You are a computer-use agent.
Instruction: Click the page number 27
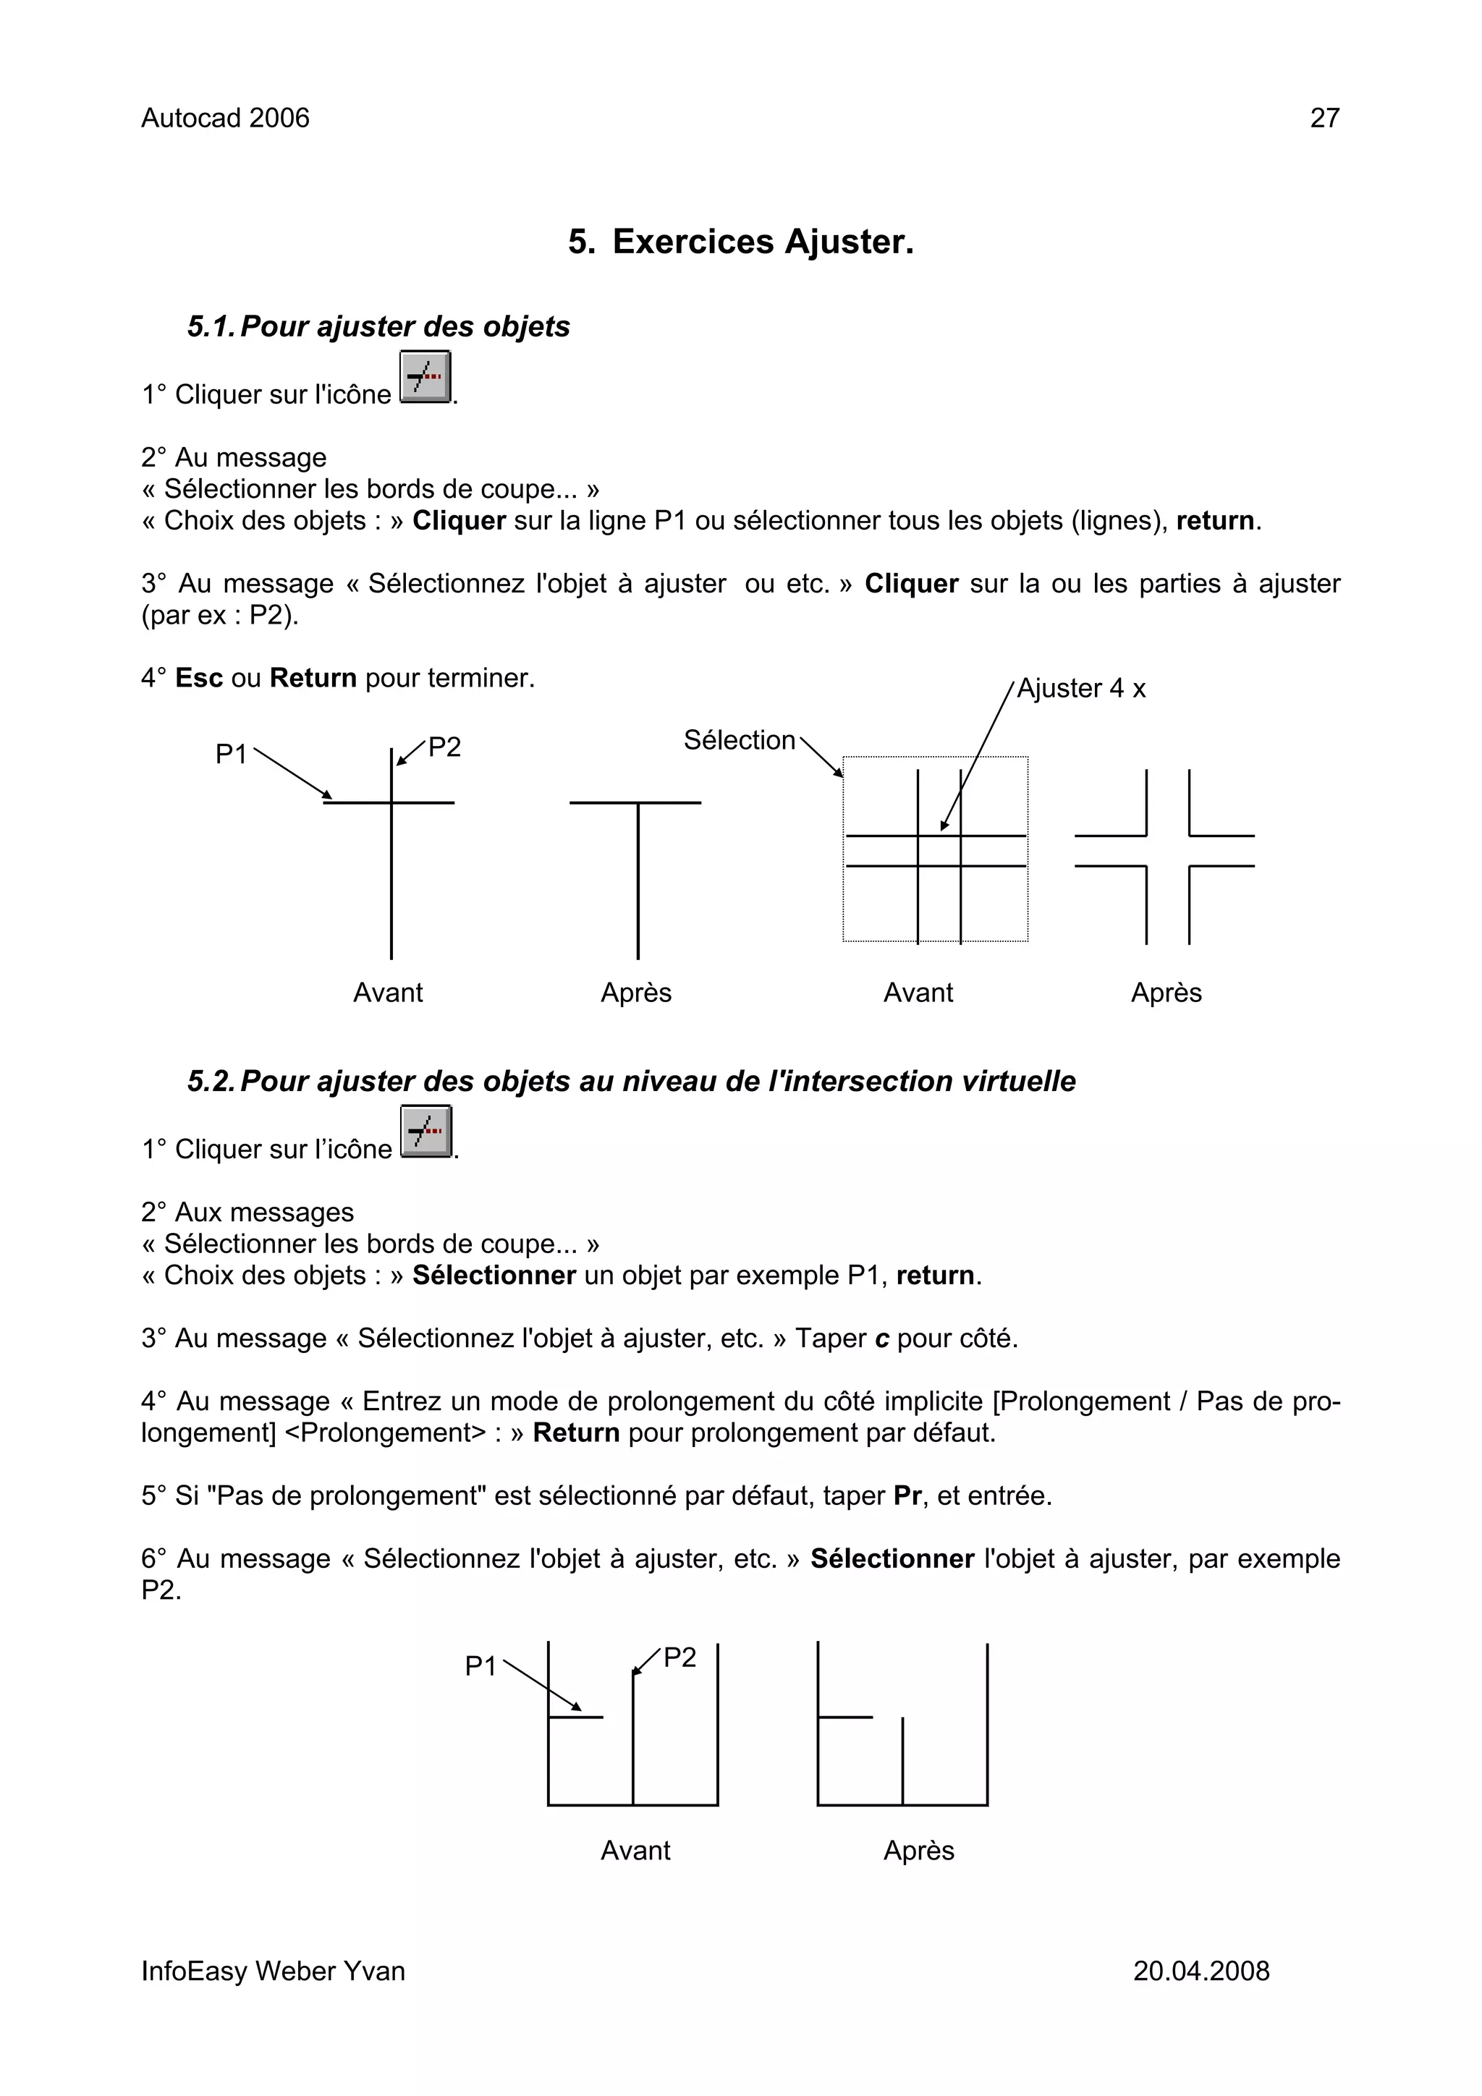pyautogui.click(x=1324, y=118)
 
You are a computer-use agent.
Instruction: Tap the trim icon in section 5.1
pyautogui.click(x=425, y=377)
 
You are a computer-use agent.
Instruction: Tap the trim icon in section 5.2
pyautogui.click(x=425, y=1132)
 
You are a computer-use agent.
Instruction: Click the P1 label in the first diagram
pyautogui.click(x=231, y=754)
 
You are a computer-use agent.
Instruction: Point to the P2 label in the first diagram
pyautogui.click(x=445, y=747)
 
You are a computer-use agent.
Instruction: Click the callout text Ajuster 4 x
pyautogui.click(x=1081, y=688)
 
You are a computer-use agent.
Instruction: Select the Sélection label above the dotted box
pyautogui.click(x=739, y=739)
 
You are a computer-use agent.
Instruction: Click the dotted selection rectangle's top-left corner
pyautogui.click(x=844, y=758)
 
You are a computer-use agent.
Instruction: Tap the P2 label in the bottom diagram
pyautogui.click(x=679, y=1657)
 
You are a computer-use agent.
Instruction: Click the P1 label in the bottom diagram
pyautogui.click(x=480, y=1666)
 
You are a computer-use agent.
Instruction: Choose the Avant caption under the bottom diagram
pyautogui.click(x=635, y=1851)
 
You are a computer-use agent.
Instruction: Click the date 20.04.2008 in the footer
pyautogui.click(x=1201, y=1971)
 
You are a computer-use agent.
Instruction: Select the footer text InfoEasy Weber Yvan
pyautogui.click(x=272, y=1971)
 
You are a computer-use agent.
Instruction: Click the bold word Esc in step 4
pyautogui.click(x=198, y=678)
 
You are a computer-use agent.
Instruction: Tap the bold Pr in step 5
pyautogui.click(x=907, y=1495)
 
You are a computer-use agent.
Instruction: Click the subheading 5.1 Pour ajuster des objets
pyautogui.click(x=378, y=327)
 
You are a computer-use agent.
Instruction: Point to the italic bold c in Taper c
pyautogui.click(x=881, y=1339)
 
